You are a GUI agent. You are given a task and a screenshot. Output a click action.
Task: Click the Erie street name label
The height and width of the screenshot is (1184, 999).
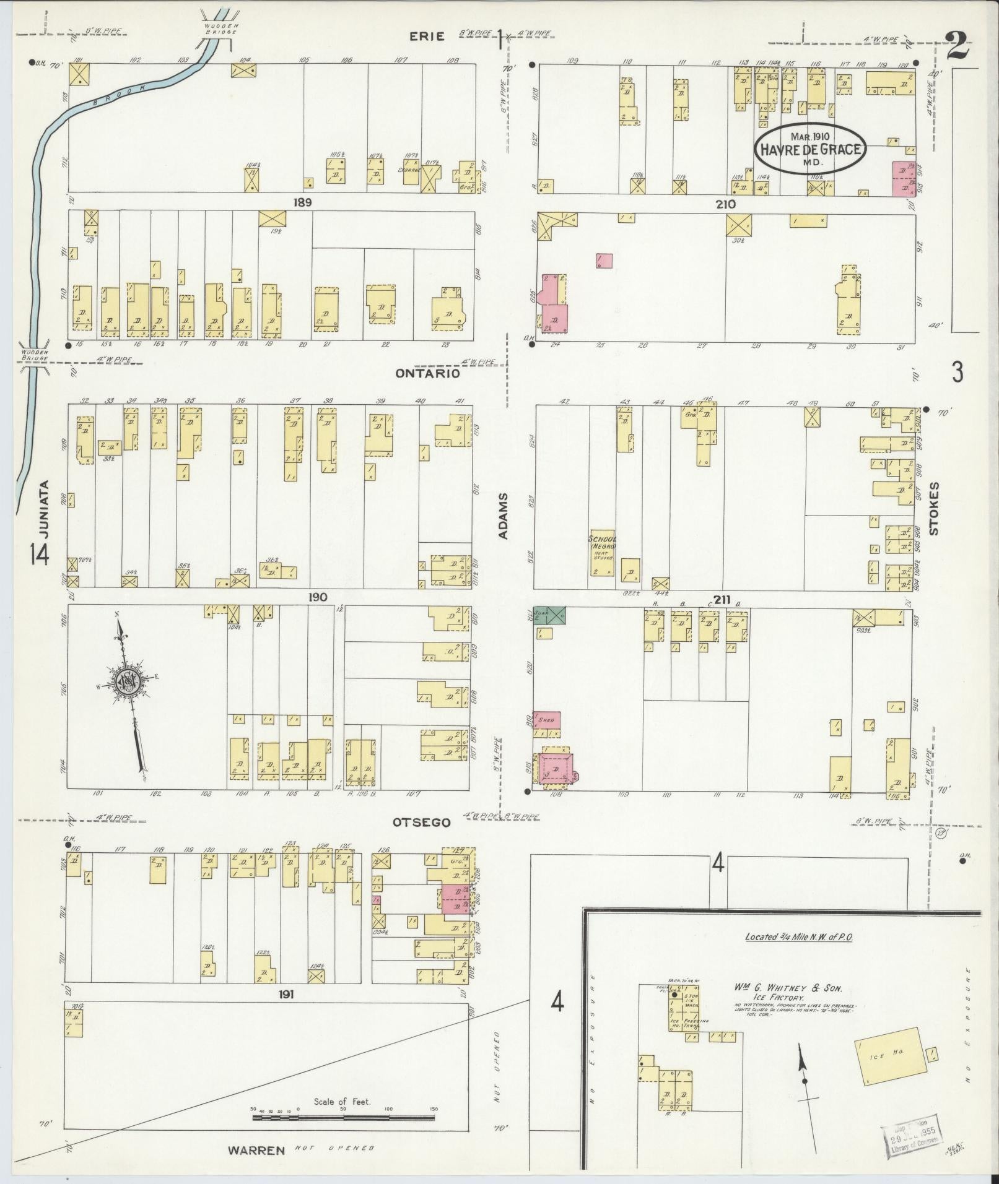(427, 36)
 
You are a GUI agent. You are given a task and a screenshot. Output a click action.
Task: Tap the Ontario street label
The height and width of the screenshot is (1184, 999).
(428, 374)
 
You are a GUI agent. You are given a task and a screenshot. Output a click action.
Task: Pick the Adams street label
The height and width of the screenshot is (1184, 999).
(503, 516)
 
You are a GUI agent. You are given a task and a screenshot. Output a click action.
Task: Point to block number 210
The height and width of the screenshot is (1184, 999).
(725, 204)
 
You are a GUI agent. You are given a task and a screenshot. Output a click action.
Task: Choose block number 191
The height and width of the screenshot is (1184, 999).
(286, 995)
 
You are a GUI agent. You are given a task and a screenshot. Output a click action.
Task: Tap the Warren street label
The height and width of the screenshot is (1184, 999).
(256, 1151)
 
